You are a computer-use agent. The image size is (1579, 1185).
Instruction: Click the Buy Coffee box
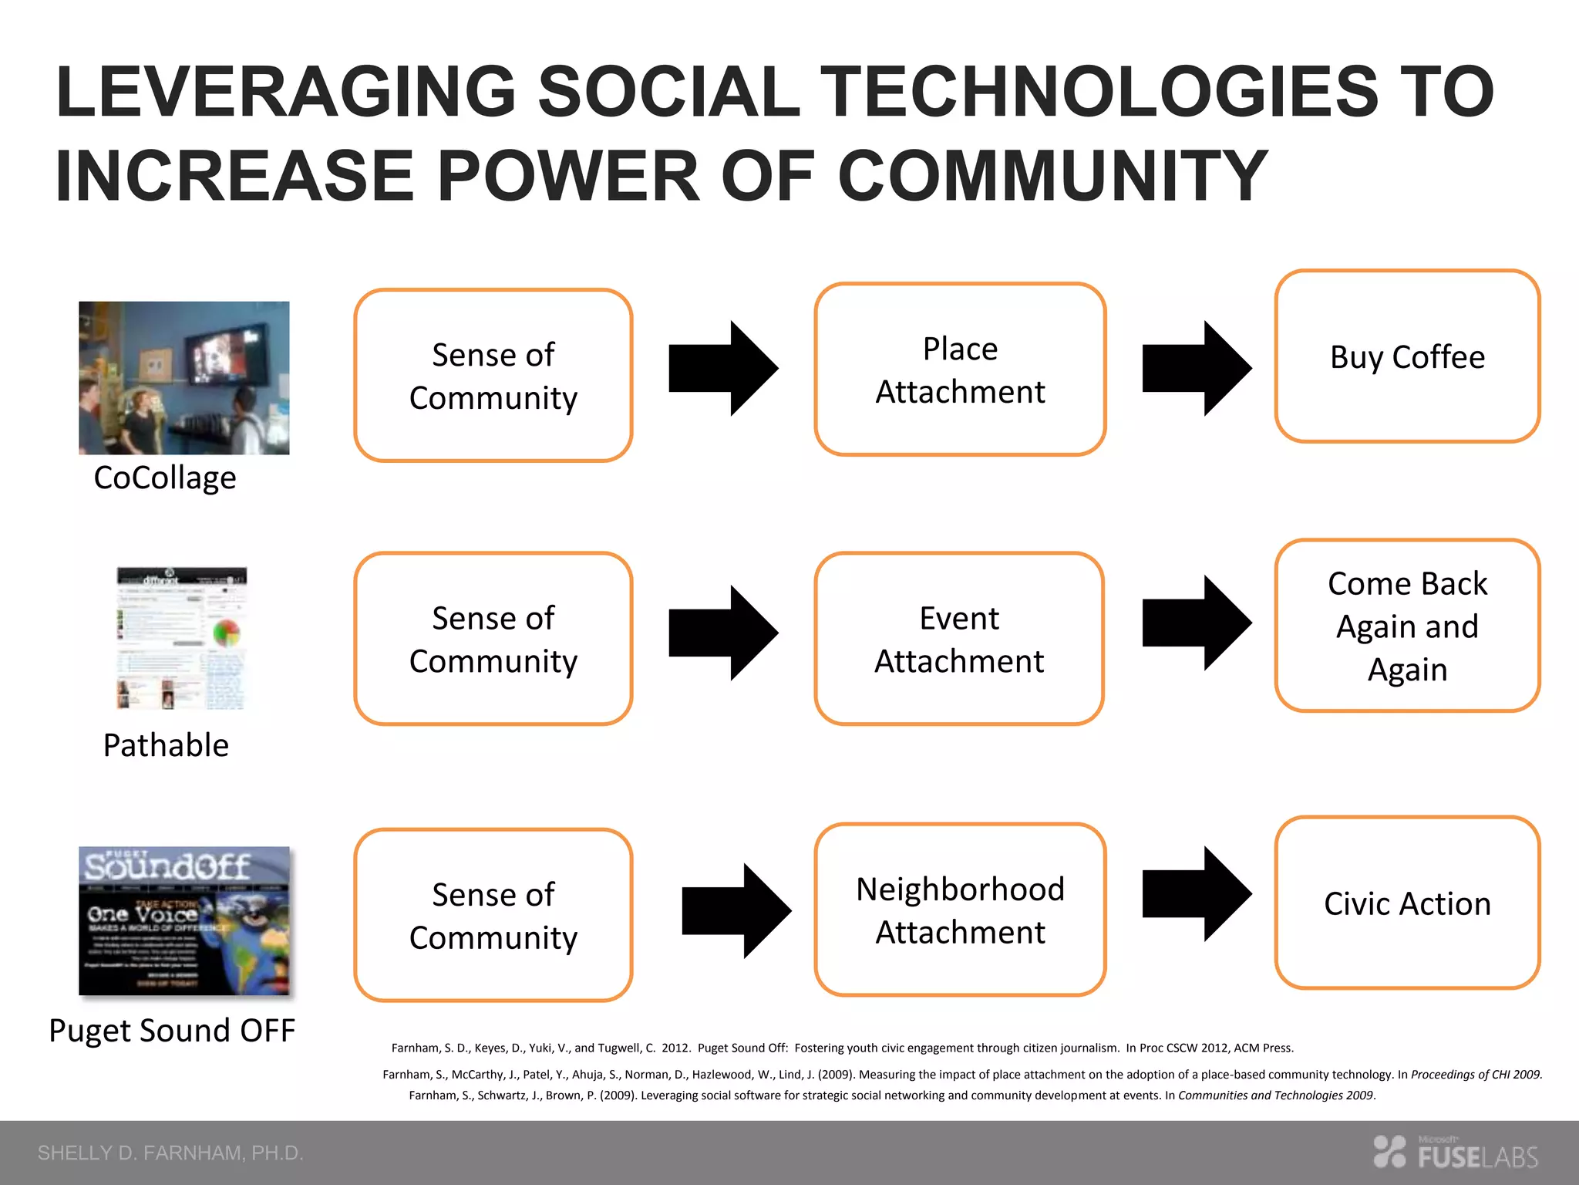[x=1407, y=356]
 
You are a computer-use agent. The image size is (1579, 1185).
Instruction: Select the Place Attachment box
[x=960, y=370]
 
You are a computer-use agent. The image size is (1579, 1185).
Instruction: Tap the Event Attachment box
[x=959, y=639]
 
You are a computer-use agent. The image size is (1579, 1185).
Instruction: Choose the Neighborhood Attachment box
[x=960, y=910]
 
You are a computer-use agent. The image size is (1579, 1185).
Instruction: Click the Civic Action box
[x=1407, y=903]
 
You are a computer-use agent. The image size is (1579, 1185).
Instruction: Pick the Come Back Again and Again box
[x=1407, y=626]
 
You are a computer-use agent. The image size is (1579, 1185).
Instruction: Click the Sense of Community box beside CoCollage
[x=493, y=376]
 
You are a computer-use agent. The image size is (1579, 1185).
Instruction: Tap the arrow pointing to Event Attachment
[x=722, y=633]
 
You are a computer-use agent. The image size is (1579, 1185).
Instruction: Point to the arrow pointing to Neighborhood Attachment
[x=736, y=911]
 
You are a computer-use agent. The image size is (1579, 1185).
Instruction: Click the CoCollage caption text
[x=165, y=478]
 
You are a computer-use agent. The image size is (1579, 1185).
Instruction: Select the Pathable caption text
[x=166, y=745]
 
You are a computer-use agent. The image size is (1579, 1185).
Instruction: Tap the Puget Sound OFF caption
[x=172, y=1031]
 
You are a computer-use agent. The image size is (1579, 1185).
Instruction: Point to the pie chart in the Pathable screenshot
[x=227, y=633]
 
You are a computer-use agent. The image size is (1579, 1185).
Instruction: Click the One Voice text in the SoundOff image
[x=142, y=914]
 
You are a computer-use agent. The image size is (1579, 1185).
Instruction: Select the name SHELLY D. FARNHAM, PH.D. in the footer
[x=170, y=1153]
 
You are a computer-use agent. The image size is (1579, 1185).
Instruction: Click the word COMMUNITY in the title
[x=1052, y=176]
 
